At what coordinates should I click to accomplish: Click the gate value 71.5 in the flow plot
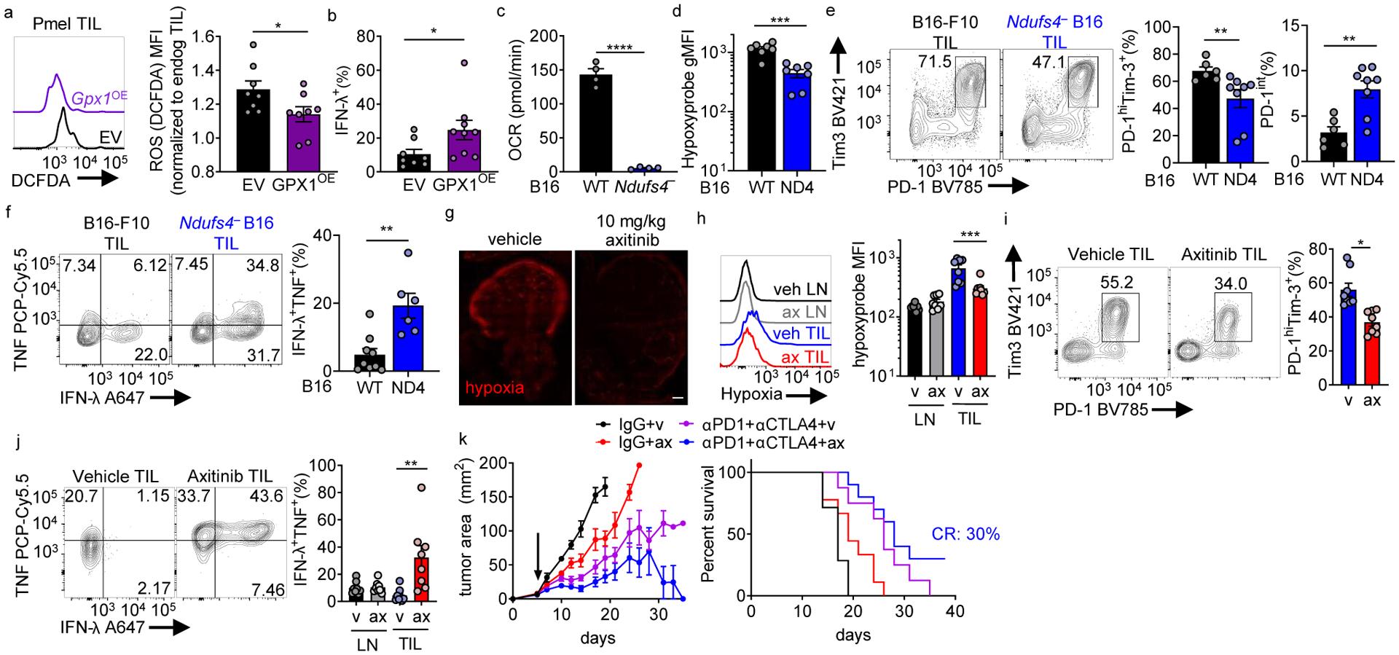931,60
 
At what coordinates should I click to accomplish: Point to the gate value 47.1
1045,60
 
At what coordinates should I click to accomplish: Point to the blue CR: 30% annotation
965,534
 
